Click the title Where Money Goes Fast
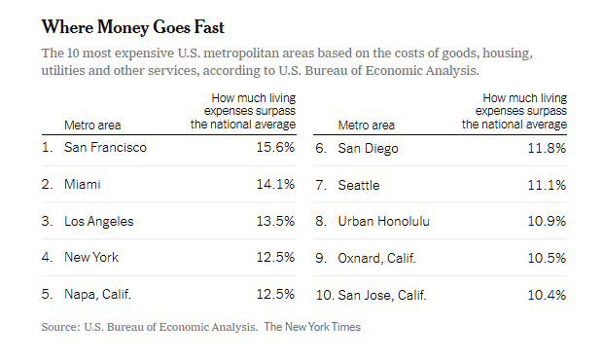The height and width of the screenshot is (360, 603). (x=132, y=27)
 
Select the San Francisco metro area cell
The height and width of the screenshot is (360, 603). (x=105, y=147)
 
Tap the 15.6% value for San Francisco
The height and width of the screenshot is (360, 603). (x=275, y=147)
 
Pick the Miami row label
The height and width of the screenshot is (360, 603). (x=83, y=184)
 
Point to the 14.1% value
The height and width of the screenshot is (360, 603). (x=275, y=184)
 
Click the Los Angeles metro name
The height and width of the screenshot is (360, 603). (x=99, y=222)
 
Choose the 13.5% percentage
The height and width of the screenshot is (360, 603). (x=275, y=221)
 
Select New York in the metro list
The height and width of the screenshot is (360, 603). (x=91, y=257)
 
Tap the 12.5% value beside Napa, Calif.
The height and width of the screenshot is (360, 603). (x=275, y=294)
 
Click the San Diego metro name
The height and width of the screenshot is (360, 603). (x=368, y=149)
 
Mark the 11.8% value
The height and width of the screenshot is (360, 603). (x=547, y=148)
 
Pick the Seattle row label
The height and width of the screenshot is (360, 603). (x=359, y=186)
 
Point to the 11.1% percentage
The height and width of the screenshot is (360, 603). (x=547, y=185)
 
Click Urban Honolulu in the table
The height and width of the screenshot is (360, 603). (x=383, y=222)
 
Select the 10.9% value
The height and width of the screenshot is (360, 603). (x=547, y=221)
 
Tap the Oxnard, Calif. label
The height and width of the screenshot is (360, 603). (x=377, y=258)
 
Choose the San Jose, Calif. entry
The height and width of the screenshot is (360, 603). (x=382, y=295)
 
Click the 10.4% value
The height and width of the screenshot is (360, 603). (x=547, y=295)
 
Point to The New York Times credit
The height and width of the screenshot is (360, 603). (x=312, y=327)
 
